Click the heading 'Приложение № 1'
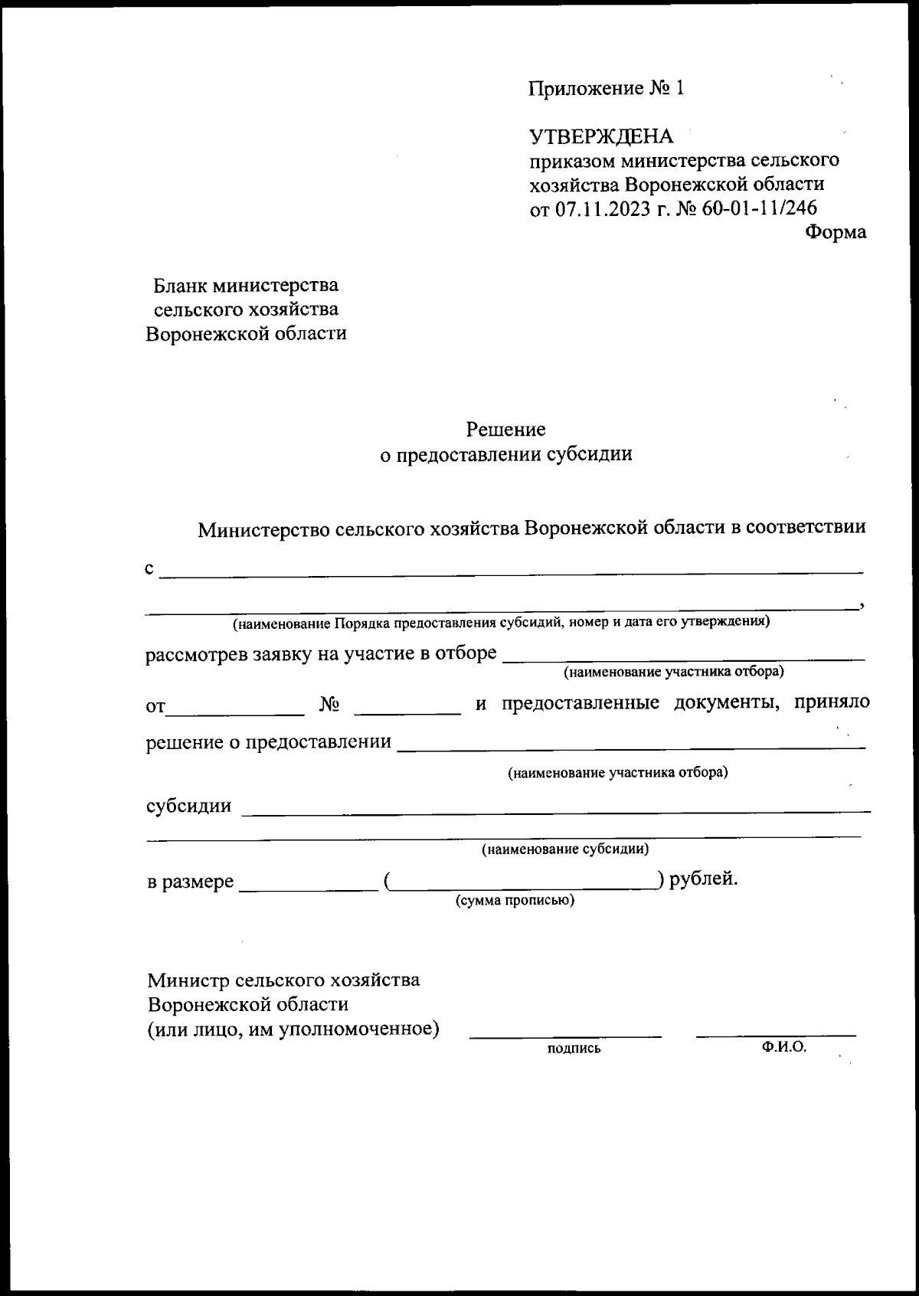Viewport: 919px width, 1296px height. click(x=606, y=89)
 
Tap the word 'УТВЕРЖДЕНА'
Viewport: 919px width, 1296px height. click(x=601, y=137)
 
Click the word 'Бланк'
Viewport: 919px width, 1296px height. click(x=180, y=286)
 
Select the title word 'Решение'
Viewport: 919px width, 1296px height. click(x=506, y=429)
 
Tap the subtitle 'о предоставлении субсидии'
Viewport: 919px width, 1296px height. click(x=506, y=454)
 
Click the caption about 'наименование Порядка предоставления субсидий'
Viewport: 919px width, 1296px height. click(x=502, y=622)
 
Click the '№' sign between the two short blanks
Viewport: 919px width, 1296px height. click(x=329, y=705)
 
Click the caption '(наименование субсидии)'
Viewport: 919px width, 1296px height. click(x=565, y=849)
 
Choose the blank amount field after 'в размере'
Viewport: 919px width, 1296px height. click(x=309, y=889)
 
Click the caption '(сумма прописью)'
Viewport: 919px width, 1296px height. click(x=515, y=901)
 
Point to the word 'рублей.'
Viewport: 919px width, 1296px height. click(x=704, y=879)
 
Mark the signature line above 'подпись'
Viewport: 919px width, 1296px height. click(x=565, y=1036)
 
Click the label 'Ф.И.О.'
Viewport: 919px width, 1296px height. click(x=784, y=1047)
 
